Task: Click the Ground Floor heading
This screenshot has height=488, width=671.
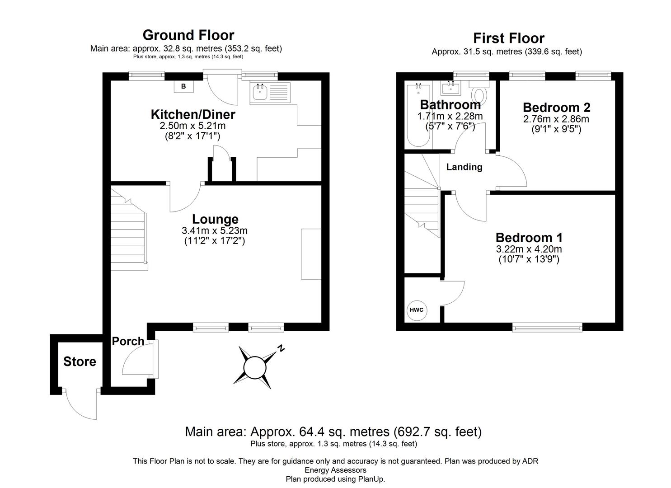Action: coord(188,35)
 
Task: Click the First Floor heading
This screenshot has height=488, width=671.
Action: coord(508,38)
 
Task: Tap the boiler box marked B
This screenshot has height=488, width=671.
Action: coord(183,86)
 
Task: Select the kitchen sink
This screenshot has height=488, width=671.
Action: coord(260,93)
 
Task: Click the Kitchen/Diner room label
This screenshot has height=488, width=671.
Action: coord(193,114)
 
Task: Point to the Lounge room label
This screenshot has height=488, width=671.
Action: coord(215,219)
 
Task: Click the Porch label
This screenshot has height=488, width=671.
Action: coord(128,341)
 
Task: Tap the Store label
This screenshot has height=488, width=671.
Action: coord(80,361)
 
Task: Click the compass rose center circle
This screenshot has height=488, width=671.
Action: coord(255,367)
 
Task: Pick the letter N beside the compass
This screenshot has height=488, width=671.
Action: coord(281,348)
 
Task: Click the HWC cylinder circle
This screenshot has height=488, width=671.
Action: coord(416,310)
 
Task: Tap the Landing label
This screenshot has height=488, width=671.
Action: coord(464,167)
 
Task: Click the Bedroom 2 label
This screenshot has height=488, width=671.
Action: coord(556,108)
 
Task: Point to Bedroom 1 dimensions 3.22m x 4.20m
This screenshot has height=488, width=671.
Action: coord(529,249)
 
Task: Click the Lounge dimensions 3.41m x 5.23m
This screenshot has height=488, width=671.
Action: coord(215,230)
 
